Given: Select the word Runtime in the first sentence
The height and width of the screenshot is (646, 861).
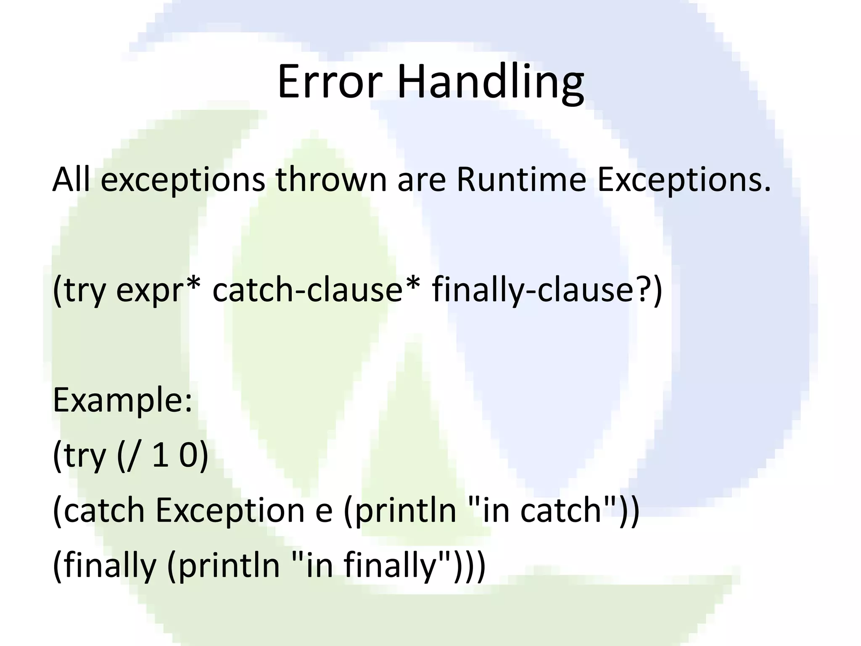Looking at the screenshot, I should point(521,180).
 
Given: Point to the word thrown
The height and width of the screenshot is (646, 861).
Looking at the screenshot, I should point(331,180).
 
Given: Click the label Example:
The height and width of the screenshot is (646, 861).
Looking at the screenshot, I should point(122,400).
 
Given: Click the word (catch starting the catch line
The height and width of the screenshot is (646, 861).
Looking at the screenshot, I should point(99,510).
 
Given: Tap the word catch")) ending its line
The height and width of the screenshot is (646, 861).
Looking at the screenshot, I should point(580,510).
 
